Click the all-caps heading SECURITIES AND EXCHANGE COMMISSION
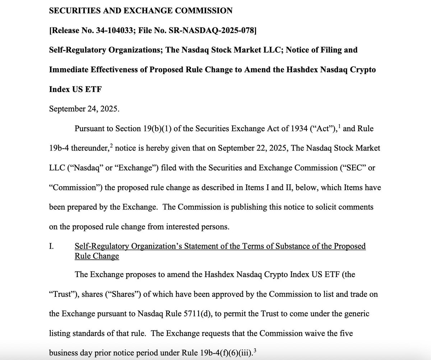click(140, 11)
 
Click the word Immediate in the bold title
click(66, 70)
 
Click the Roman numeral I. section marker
click(51, 246)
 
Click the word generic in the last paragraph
click(353, 314)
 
